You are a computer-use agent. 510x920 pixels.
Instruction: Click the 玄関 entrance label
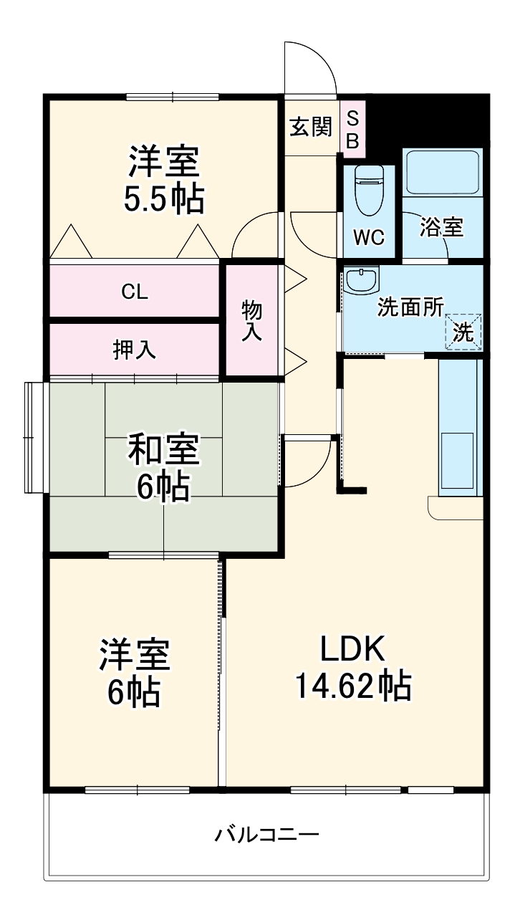click(x=311, y=127)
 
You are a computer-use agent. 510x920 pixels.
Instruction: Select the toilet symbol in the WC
click(x=370, y=190)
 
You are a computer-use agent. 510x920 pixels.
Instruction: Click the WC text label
click(x=369, y=238)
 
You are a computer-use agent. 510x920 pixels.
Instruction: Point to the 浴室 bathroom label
click(x=441, y=228)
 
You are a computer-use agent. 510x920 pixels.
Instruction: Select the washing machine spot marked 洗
click(x=463, y=332)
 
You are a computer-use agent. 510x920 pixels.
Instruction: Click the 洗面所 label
click(x=411, y=307)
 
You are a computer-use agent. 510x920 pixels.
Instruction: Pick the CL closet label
click(x=134, y=291)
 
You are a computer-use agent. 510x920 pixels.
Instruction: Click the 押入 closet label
click(x=134, y=350)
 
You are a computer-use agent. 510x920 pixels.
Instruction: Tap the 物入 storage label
click(x=251, y=320)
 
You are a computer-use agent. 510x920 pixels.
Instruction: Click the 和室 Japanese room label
click(x=163, y=450)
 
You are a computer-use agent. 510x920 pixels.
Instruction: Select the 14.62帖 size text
click(x=353, y=686)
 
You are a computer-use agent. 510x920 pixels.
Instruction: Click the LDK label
click(x=353, y=649)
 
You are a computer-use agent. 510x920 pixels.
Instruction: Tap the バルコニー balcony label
click(x=267, y=835)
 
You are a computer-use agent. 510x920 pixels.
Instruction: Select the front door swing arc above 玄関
click(x=309, y=68)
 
